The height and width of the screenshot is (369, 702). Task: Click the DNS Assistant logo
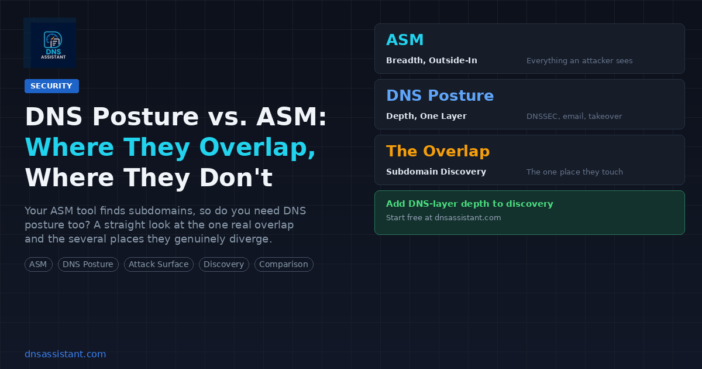tap(50, 43)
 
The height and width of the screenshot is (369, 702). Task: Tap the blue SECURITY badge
tap(51, 86)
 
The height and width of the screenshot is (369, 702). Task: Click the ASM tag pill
tap(38, 265)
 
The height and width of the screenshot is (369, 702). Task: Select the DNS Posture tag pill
tap(88, 265)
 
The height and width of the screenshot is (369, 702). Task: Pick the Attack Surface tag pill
tap(159, 265)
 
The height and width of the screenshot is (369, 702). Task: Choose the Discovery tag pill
tap(223, 265)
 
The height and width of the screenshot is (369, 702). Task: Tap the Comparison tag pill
tap(284, 265)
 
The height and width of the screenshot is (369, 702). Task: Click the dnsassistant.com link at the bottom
tap(65, 354)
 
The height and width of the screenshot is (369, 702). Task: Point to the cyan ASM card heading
tap(405, 40)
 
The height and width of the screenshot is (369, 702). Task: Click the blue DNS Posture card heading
tap(440, 95)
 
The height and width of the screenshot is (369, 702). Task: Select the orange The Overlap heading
tap(438, 151)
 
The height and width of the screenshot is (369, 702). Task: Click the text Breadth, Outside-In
tap(432, 60)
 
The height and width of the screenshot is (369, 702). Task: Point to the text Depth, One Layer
tap(426, 116)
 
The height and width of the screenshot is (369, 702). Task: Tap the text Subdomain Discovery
tap(436, 172)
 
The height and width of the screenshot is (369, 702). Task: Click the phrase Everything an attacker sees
tap(580, 60)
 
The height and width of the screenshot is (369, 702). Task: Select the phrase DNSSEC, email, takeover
tap(574, 117)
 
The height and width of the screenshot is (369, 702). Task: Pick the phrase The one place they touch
tap(574, 172)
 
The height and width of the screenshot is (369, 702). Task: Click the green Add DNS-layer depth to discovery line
tap(469, 204)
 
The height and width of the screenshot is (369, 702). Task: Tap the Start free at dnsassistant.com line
tap(443, 218)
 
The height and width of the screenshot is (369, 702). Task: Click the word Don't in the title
tap(236, 177)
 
